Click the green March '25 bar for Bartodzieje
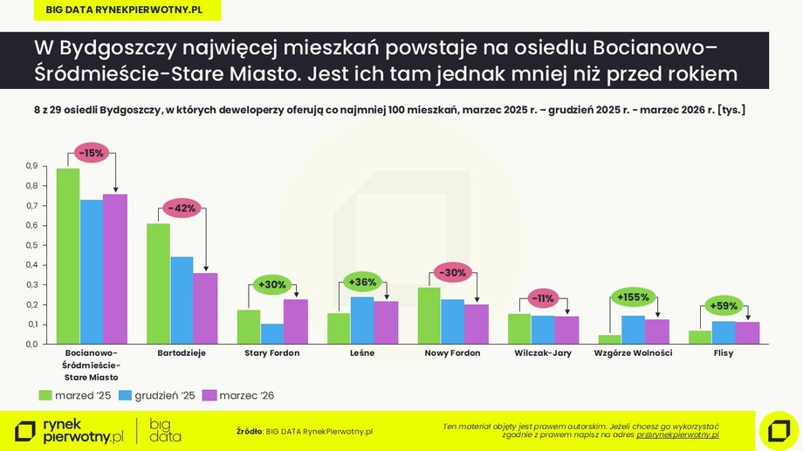point(158,284)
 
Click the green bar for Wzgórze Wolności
point(609,339)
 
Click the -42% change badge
point(182,208)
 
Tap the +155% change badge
point(633,297)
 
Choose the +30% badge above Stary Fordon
point(272,284)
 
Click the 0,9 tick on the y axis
point(31,166)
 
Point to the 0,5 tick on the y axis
point(31,245)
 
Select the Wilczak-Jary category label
point(542,353)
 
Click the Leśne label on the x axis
point(362,353)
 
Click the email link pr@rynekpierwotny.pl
point(677,434)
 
